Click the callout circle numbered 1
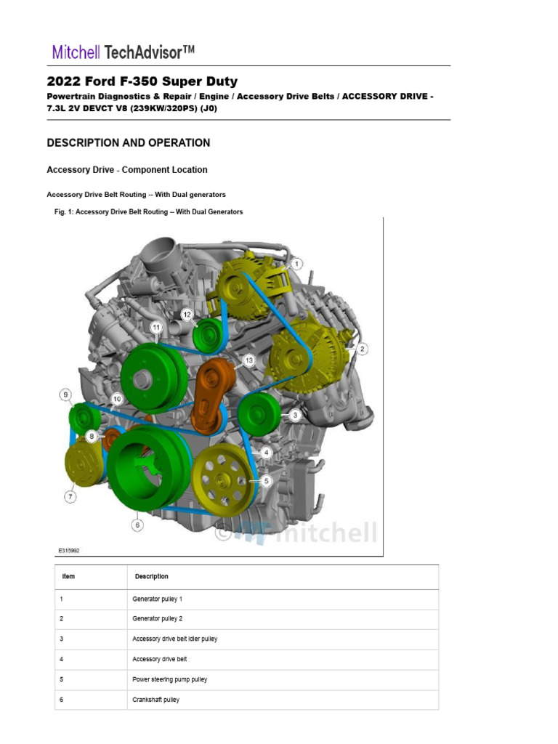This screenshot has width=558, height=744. pyautogui.click(x=297, y=264)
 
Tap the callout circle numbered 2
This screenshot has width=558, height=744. pyautogui.click(x=361, y=349)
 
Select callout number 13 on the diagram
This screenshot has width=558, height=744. pyautogui.click(x=249, y=360)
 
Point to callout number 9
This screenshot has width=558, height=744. pyautogui.click(x=65, y=395)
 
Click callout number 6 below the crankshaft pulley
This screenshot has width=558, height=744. pyautogui.click(x=137, y=524)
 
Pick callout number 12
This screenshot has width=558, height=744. pyautogui.click(x=187, y=315)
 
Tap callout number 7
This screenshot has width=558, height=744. pyautogui.click(x=70, y=497)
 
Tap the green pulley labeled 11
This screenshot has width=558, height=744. pyautogui.click(x=153, y=377)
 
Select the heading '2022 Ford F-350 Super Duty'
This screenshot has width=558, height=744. pyautogui.click(x=142, y=81)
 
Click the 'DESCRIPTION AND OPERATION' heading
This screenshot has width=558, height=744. pyautogui.click(x=129, y=143)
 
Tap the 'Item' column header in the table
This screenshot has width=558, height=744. pyautogui.click(x=68, y=576)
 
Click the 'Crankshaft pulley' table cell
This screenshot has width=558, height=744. pyautogui.click(x=155, y=700)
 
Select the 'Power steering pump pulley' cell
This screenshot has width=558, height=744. pyautogui.click(x=169, y=679)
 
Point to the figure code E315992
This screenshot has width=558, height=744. pyautogui.click(x=69, y=551)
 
